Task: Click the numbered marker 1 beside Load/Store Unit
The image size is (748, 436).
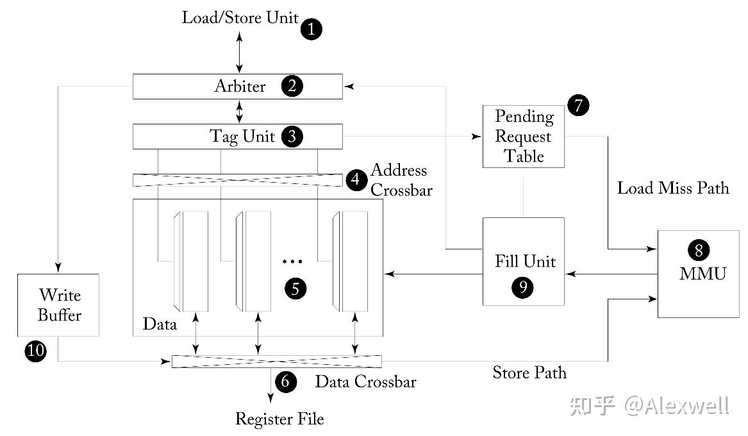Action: [x=312, y=29]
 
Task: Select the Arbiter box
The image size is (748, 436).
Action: [x=237, y=87]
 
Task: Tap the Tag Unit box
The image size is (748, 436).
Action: [x=237, y=137]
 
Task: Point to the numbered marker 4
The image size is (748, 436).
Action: [x=356, y=180]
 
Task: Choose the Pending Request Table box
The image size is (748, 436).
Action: [x=524, y=137]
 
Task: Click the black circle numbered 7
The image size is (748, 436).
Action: [x=578, y=105]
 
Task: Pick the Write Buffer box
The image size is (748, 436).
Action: [x=58, y=305]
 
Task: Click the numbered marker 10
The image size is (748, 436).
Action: [x=35, y=351]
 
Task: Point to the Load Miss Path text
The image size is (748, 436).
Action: [x=672, y=188]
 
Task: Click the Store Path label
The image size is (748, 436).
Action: [x=529, y=373]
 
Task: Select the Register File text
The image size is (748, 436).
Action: [x=279, y=419]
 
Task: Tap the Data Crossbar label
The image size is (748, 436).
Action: [x=365, y=382]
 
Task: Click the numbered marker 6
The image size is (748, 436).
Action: [x=286, y=382]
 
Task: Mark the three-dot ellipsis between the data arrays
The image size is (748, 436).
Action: [x=292, y=262]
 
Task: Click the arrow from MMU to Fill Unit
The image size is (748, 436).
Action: [x=611, y=274]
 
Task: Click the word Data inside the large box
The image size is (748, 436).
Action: [x=160, y=324]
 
